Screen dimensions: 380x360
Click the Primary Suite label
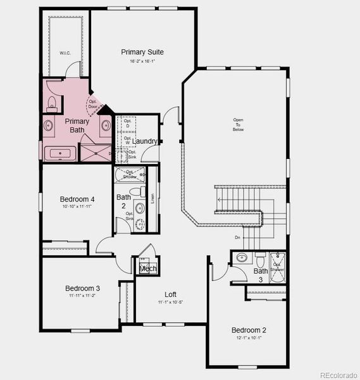142,52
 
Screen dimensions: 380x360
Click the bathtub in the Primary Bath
59,153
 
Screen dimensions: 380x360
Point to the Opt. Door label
94,104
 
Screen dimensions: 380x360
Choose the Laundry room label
145,141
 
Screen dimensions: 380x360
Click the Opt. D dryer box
127,123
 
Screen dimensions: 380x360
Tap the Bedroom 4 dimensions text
77,206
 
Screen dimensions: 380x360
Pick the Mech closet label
147,269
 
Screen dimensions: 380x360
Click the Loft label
171,294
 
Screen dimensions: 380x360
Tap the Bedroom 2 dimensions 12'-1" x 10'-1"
248,338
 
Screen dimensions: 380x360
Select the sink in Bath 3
242,258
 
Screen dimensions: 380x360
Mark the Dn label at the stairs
237,237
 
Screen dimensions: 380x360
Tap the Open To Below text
238,125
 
